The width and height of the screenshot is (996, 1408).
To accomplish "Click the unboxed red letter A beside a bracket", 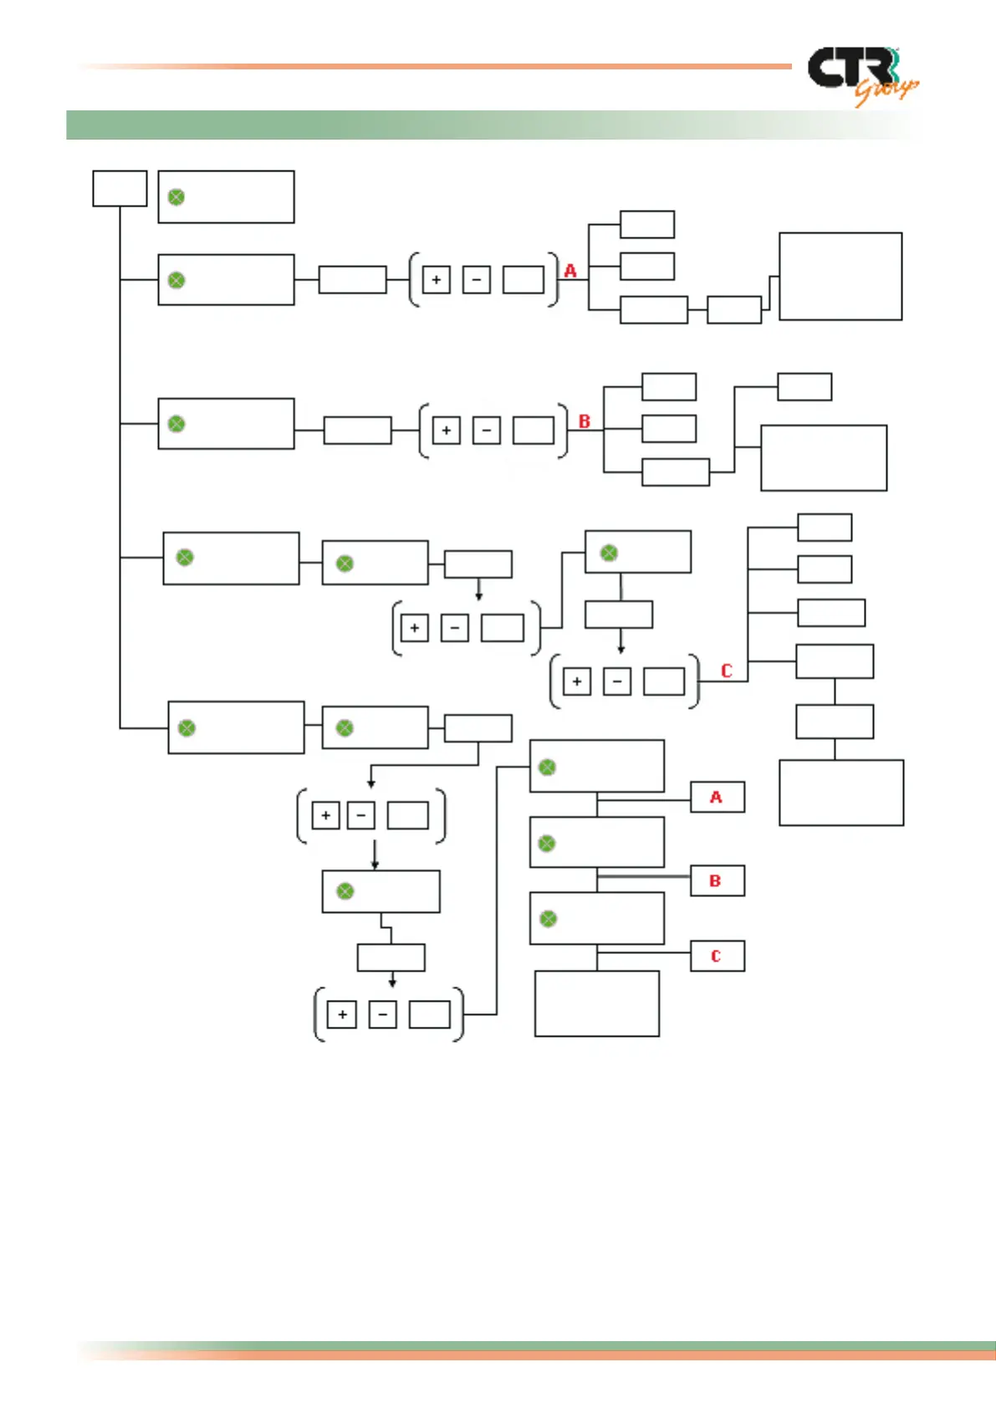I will click(x=570, y=271).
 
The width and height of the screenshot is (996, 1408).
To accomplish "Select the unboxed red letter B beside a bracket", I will click(x=585, y=421).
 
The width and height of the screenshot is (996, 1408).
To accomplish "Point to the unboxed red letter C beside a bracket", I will click(x=726, y=671).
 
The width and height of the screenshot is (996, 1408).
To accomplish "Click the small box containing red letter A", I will click(x=717, y=798).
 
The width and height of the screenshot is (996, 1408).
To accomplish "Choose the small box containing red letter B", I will click(x=717, y=881).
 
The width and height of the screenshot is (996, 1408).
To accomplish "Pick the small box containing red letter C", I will click(x=717, y=957).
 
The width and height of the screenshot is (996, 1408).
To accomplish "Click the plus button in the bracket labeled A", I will click(x=437, y=280).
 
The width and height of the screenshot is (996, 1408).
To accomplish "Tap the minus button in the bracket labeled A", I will click(x=477, y=280).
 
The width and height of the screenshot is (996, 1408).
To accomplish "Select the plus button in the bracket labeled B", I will click(x=447, y=431).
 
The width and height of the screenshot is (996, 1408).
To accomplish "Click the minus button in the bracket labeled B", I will click(x=487, y=431).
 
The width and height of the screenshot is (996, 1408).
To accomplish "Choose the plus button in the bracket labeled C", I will click(x=577, y=681).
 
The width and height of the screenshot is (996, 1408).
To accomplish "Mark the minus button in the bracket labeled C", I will click(x=617, y=681).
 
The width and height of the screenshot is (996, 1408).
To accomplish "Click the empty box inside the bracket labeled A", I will click(x=524, y=280).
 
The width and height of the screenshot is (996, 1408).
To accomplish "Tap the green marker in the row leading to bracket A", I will click(x=176, y=280).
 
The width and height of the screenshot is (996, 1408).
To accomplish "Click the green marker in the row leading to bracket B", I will click(x=176, y=424).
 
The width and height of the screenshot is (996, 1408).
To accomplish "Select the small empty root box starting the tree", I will click(x=120, y=188).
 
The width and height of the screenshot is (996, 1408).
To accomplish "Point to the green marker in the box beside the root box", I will click(x=176, y=197).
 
